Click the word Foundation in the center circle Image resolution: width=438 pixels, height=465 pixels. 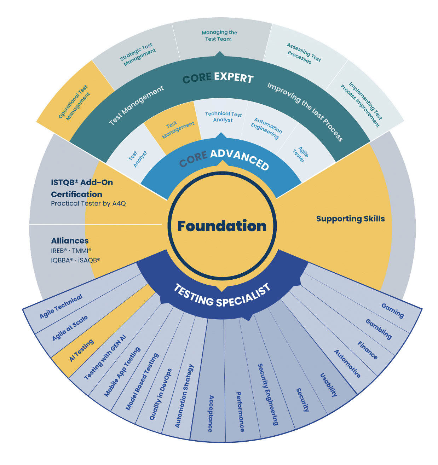coord(221,226)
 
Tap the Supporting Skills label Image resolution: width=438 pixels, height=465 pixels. coord(350,219)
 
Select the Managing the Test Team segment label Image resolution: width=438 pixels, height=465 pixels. coord(219,36)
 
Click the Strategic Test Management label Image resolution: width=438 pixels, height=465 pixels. coord(138,54)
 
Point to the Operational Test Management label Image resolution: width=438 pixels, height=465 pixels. coord(74,103)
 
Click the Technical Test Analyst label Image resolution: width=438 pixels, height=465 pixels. coord(223,117)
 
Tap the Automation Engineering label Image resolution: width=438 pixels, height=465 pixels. coord(266,128)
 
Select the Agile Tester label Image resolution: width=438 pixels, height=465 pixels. coord(301,155)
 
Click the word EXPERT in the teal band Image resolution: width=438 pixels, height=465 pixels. coord(234,77)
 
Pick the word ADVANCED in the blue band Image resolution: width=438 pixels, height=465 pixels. coord(240,160)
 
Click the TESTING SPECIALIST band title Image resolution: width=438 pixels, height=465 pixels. coord(222,295)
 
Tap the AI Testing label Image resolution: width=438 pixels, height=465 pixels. coord(82,350)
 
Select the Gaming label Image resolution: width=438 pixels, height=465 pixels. coord(393,311)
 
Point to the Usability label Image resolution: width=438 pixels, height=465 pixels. coord(329,385)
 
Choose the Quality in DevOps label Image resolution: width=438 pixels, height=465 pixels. coord(161,395)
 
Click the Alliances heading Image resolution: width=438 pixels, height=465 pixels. coord(70,241)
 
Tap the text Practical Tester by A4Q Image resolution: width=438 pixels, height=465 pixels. coord(88,203)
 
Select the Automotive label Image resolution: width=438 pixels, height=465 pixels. coord(347,364)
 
